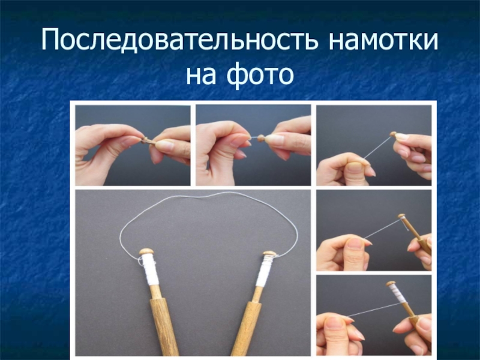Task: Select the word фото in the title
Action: coord(260,74)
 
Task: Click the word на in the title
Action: coord(200,76)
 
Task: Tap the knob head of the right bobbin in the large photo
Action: coord(269,254)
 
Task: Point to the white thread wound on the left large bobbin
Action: coord(151,271)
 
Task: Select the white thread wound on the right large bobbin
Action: coord(263,271)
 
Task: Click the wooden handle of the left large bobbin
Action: coord(163,325)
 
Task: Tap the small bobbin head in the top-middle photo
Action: coord(261,138)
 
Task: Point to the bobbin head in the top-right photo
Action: coord(393,134)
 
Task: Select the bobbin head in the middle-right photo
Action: coord(401,216)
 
